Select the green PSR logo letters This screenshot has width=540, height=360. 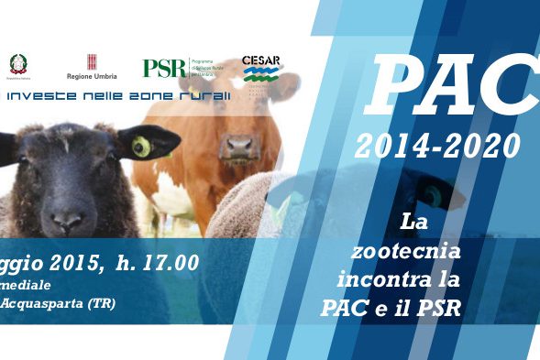[x=164, y=68]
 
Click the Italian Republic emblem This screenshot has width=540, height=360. [x=18, y=65]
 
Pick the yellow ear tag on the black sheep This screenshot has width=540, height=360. [x=140, y=146]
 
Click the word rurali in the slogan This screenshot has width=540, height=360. [x=204, y=95]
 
